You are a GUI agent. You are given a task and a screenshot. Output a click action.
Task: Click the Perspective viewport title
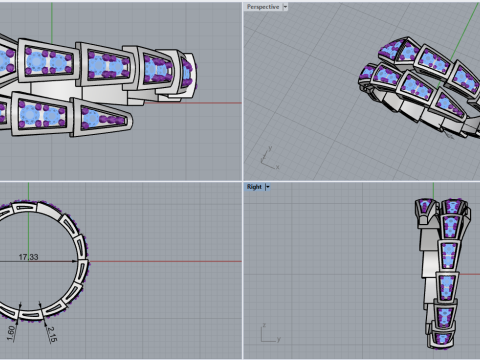pyautogui.click(x=263, y=7)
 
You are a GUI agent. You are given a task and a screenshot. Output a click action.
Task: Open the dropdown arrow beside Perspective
pyautogui.click(x=285, y=7)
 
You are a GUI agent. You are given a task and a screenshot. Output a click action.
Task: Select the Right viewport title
pyautogui.click(x=254, y=187)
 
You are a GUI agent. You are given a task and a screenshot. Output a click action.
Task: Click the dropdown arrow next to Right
pyautogui.click(x=267, y=187)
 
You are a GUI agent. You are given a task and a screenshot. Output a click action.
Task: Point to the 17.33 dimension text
pyautogui.click(x=28, y=257)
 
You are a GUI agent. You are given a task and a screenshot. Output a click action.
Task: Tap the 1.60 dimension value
pyautogui.click(x=11, y=333)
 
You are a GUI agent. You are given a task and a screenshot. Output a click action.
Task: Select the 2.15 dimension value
pyautogui.click(x=52, y=334)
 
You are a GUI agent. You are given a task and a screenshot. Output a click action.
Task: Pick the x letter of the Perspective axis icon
pyautogui.click(x=277, y=167)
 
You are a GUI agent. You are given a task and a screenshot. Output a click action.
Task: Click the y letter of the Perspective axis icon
pyautogui.click(x=270, y=148)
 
